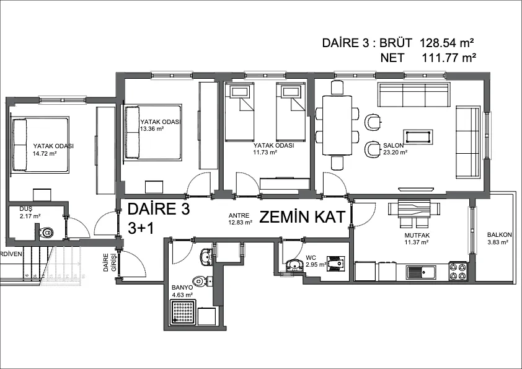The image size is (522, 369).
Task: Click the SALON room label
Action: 393,146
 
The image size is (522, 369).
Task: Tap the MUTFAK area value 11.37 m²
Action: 417,242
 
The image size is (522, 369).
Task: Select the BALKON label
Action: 499,235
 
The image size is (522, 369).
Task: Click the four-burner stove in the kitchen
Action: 458,271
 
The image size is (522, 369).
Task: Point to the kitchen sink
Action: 421,273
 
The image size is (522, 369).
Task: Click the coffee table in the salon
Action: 418,137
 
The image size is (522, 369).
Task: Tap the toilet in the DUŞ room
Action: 46,231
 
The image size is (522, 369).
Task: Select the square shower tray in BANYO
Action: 184,312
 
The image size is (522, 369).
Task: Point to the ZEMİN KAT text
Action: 302,217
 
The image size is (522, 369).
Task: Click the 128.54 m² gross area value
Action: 447,43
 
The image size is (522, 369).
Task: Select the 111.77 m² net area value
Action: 449,58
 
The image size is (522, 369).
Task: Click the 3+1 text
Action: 141,228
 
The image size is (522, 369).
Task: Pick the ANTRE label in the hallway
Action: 239,216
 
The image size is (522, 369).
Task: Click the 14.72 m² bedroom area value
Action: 45,154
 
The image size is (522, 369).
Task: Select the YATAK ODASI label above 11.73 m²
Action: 273,146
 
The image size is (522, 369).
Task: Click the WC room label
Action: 311,258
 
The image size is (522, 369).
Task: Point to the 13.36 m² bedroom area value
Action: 152,129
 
